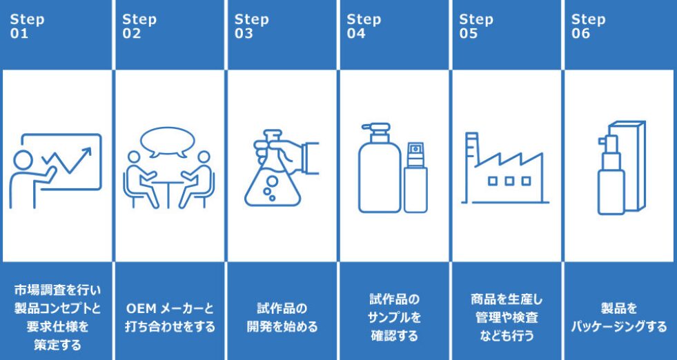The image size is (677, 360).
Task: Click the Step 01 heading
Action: (27, 26)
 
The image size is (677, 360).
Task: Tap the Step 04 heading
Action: (364, 26)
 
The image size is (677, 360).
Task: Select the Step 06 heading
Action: (588, 26)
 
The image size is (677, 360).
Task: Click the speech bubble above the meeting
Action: (168, 141)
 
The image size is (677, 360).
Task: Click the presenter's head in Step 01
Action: (23, 160)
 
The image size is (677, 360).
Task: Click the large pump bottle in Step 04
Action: (380, 168)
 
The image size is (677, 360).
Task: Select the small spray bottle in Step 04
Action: (415, 177)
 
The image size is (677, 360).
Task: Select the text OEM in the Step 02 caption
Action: (141, 309)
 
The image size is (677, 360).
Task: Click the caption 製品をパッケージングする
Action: (619, 318)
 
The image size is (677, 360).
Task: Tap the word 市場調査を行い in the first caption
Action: (57, 290)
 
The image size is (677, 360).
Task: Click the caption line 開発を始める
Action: (282, 327)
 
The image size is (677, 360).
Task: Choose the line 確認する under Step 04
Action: (394, 336)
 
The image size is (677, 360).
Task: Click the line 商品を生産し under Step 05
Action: (507, 299)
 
